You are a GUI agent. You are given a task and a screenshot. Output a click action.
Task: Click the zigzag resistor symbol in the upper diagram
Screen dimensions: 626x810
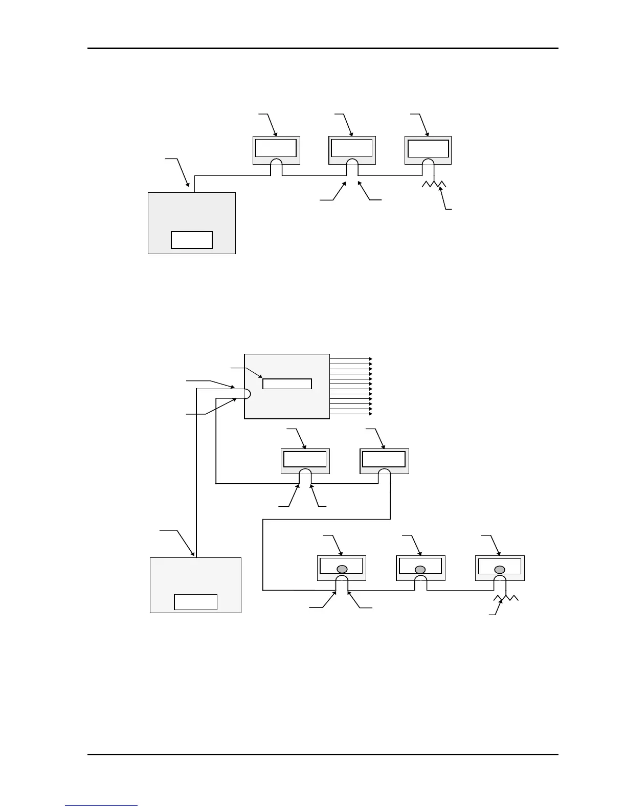(434, 185)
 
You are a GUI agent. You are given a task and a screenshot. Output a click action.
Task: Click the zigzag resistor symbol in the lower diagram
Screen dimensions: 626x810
(506, 599)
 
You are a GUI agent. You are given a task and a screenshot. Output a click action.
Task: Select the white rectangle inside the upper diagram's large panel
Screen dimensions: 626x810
(191, 240)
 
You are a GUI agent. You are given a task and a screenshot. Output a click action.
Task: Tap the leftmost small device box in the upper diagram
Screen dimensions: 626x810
(276, 148)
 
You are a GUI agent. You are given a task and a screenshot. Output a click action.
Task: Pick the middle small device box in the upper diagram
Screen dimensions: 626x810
(352, 148)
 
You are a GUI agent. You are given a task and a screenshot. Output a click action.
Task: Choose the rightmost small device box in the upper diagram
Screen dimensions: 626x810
(428, 148)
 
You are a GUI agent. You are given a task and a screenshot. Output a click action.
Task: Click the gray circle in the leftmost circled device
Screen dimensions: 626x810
(341, 569)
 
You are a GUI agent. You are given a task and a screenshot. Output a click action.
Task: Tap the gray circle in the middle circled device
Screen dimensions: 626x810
(420, 569)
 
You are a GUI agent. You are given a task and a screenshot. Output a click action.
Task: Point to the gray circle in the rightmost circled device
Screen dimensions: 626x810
(499, 569)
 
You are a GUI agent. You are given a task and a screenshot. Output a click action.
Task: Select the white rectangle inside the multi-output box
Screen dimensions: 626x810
(287, 384)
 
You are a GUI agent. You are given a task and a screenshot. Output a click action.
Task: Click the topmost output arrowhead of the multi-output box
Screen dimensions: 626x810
(370, 359)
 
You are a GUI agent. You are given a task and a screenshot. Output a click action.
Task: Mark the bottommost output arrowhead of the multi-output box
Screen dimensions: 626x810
(370, 414)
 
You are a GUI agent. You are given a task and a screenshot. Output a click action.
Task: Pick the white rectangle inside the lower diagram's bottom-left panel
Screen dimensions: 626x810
(195, 602)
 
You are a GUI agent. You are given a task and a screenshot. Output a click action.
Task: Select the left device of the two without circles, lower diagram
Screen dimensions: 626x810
(305, 460)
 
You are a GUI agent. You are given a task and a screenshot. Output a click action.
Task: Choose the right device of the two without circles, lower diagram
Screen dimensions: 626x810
(384, 460)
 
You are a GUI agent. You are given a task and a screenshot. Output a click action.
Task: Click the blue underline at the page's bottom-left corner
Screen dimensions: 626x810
(101, 806)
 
